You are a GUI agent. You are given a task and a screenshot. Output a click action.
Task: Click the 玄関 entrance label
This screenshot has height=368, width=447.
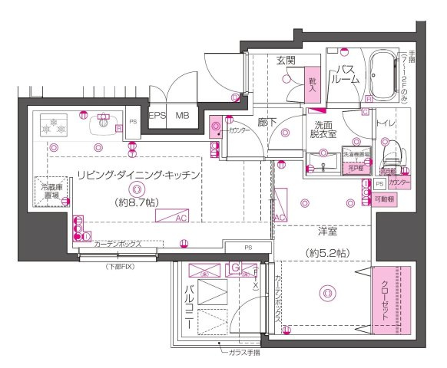click(286, 61)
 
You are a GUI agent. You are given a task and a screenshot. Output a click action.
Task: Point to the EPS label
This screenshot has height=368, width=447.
click(157, 117)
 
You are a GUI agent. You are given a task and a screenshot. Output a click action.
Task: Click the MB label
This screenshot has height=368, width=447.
click(181, 117)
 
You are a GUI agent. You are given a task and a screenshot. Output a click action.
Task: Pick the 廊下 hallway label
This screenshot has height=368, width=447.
click(267, 121)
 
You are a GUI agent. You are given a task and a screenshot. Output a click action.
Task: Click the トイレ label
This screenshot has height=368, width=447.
click(386, 122)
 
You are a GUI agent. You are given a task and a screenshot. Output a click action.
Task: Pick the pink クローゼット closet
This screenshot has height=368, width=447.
click(385, 300)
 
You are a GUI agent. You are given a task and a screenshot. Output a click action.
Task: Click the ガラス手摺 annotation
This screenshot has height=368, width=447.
click(243, 353)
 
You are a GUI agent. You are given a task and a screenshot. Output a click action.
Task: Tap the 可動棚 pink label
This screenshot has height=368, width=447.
click(384, 199)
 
